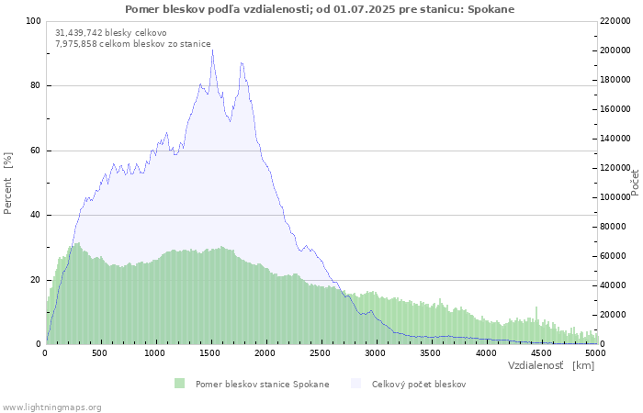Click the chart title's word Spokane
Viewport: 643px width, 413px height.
click(491, 9)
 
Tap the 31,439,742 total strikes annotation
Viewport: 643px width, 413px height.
click(111, 33)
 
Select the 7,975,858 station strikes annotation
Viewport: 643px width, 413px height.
click(133, 44)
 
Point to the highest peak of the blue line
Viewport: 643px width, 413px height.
click(212, 50)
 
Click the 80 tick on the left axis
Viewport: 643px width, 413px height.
click(35, 85)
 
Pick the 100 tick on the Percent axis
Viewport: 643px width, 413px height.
click(33, 21)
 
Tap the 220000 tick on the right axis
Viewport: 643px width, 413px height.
click(615, 21)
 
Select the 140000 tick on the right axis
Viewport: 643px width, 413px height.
click(615, 139)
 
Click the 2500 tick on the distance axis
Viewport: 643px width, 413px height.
click(320, 353)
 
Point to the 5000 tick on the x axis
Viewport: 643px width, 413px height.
click(595, 353)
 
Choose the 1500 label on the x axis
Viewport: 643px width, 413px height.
click(210, 353)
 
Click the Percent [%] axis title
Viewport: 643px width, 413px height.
click(7, 184)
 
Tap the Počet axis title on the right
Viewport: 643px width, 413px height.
click(635, 183)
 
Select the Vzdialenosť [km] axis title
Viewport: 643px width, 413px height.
click(551, 365)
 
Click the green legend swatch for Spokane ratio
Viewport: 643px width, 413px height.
click(180, 384)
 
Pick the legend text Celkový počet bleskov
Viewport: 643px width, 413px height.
click(419, 385)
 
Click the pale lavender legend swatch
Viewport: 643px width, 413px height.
click(356, 384)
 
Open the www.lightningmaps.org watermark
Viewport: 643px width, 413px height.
click(51, 407)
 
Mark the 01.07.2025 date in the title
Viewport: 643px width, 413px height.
click(365, 9)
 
